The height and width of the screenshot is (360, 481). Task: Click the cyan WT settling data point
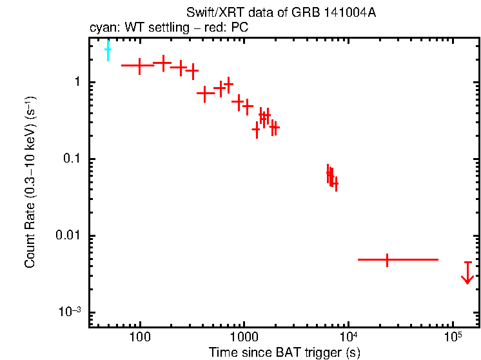pos(108,49)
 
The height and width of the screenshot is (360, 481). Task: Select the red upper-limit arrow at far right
pos(467,274)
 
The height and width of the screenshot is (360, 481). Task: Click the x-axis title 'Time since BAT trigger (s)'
pos(284,352)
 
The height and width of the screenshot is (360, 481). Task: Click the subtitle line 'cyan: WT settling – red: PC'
pos(168,28)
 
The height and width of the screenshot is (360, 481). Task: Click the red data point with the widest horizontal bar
pos(387,259)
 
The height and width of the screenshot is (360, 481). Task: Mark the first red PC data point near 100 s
pos(139,66)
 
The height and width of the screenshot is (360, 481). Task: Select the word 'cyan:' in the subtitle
pos(101,28)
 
